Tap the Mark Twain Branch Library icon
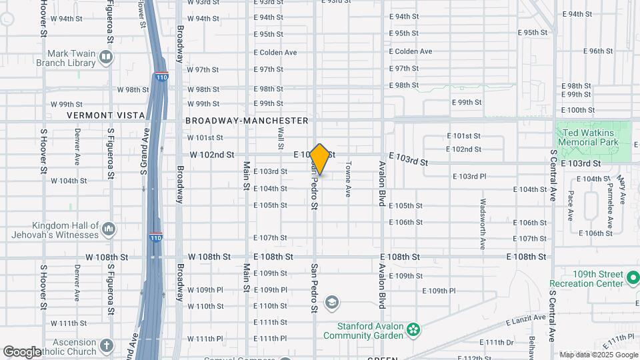point(105,57)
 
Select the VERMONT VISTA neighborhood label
point(106,115)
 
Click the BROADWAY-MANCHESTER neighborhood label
point(247,121)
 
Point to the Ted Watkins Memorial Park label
point(587,137)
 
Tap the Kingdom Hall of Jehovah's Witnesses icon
point(109,230)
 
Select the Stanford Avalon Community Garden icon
point(413,328)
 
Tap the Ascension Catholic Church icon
point(107,345)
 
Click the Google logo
point(22,351)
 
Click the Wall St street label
point(281,137)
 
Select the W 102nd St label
point(212,155)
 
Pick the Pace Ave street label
point(571,206)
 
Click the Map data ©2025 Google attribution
point(597,355)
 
